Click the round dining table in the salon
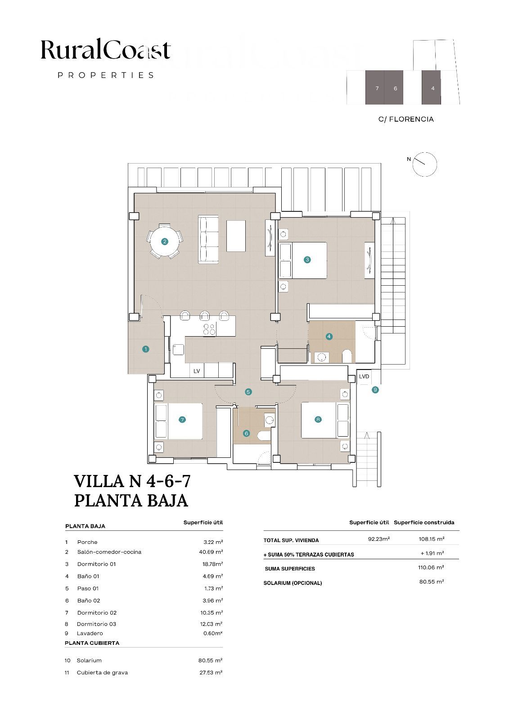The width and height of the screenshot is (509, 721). point(165,242)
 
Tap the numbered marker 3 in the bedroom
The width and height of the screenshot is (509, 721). point(307,260)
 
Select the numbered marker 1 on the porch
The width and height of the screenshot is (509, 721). point(146,349)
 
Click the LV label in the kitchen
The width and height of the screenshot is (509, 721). point(197,371)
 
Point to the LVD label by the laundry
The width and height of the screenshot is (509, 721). point(364,376)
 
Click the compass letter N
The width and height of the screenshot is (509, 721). point(409,159)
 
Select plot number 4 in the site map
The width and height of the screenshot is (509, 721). point(433,88)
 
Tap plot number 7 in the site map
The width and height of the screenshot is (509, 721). point(377,88)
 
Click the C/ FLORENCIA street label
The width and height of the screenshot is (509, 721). point(406,119)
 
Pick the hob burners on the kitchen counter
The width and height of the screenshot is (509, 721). point(209,329)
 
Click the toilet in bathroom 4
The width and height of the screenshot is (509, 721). point(347,356)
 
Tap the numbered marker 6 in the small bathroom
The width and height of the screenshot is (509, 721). point(246,433)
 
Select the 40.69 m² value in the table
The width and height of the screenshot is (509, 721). point(211,552)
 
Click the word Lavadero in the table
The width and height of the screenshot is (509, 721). point(90,633)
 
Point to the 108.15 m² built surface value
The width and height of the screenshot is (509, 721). point(432,539)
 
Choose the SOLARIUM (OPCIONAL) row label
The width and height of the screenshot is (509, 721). point(293,583)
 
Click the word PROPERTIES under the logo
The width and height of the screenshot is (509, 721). point(106,75)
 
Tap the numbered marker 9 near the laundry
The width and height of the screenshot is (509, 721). point(375,390)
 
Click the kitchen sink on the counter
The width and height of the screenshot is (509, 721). point(178,349)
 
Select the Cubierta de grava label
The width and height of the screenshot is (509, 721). point(102,672)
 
